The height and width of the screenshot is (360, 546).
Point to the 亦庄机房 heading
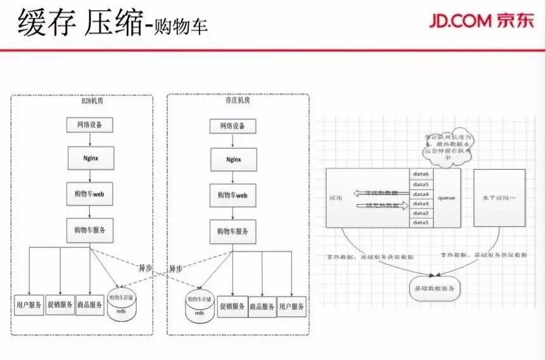(x=238, y=101)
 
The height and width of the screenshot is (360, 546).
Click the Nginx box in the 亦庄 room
(x=232, y=157)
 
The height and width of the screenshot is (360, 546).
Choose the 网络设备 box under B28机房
(x=89, y=125)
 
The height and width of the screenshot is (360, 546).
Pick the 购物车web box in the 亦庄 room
(x=232, y=195)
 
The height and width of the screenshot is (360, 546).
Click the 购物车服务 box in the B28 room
(x=90, y=229)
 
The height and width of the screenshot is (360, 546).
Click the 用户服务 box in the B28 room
(x=29, y=305)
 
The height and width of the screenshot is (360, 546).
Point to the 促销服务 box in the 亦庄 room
(x=231, y=306)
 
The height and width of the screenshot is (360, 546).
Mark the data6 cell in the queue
(x=421, y=174)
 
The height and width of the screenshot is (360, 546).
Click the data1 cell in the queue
(x=421, y=222)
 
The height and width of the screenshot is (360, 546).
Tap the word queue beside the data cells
(x=447, y=198)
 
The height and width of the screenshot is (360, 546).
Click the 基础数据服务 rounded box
(x=436, y=288)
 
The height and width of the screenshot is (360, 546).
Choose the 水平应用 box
(x=500, y=198)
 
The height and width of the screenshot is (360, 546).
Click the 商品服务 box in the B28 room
(x=89, y=305)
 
